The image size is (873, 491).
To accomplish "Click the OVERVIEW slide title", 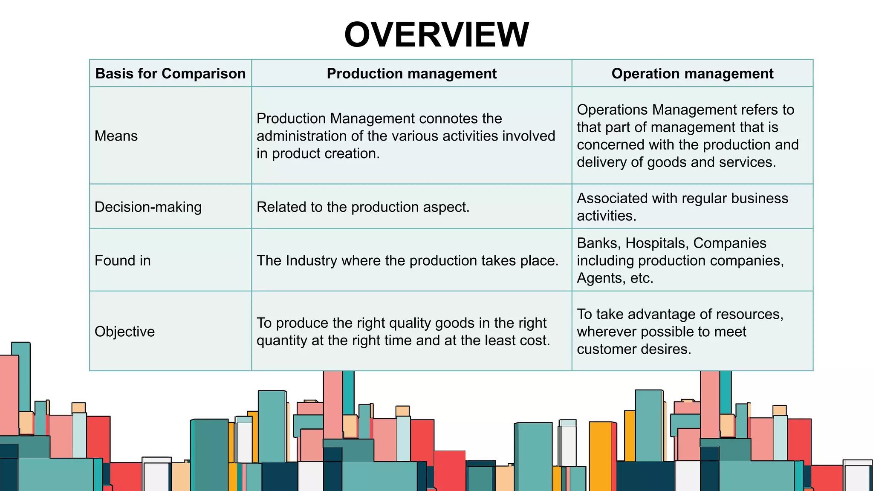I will (x=436, y=35).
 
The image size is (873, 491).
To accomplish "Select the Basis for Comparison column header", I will (x=171, y=73).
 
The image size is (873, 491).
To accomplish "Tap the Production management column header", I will (x=411, y=73).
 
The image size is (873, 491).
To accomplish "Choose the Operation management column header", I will (x=692, y=73).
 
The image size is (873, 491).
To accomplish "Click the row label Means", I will (x=116, y=136).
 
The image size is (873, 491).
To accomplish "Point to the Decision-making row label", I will (x=148, y=207).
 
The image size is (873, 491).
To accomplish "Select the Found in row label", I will (x=123, y=260).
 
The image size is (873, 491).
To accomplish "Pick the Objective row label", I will (x=124, y=332).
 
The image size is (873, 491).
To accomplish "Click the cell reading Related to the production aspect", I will (x=363, y=207).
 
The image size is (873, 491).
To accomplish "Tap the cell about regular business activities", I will (x=682, y=207).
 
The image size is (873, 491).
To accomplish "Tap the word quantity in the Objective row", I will (x=282, y=341).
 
